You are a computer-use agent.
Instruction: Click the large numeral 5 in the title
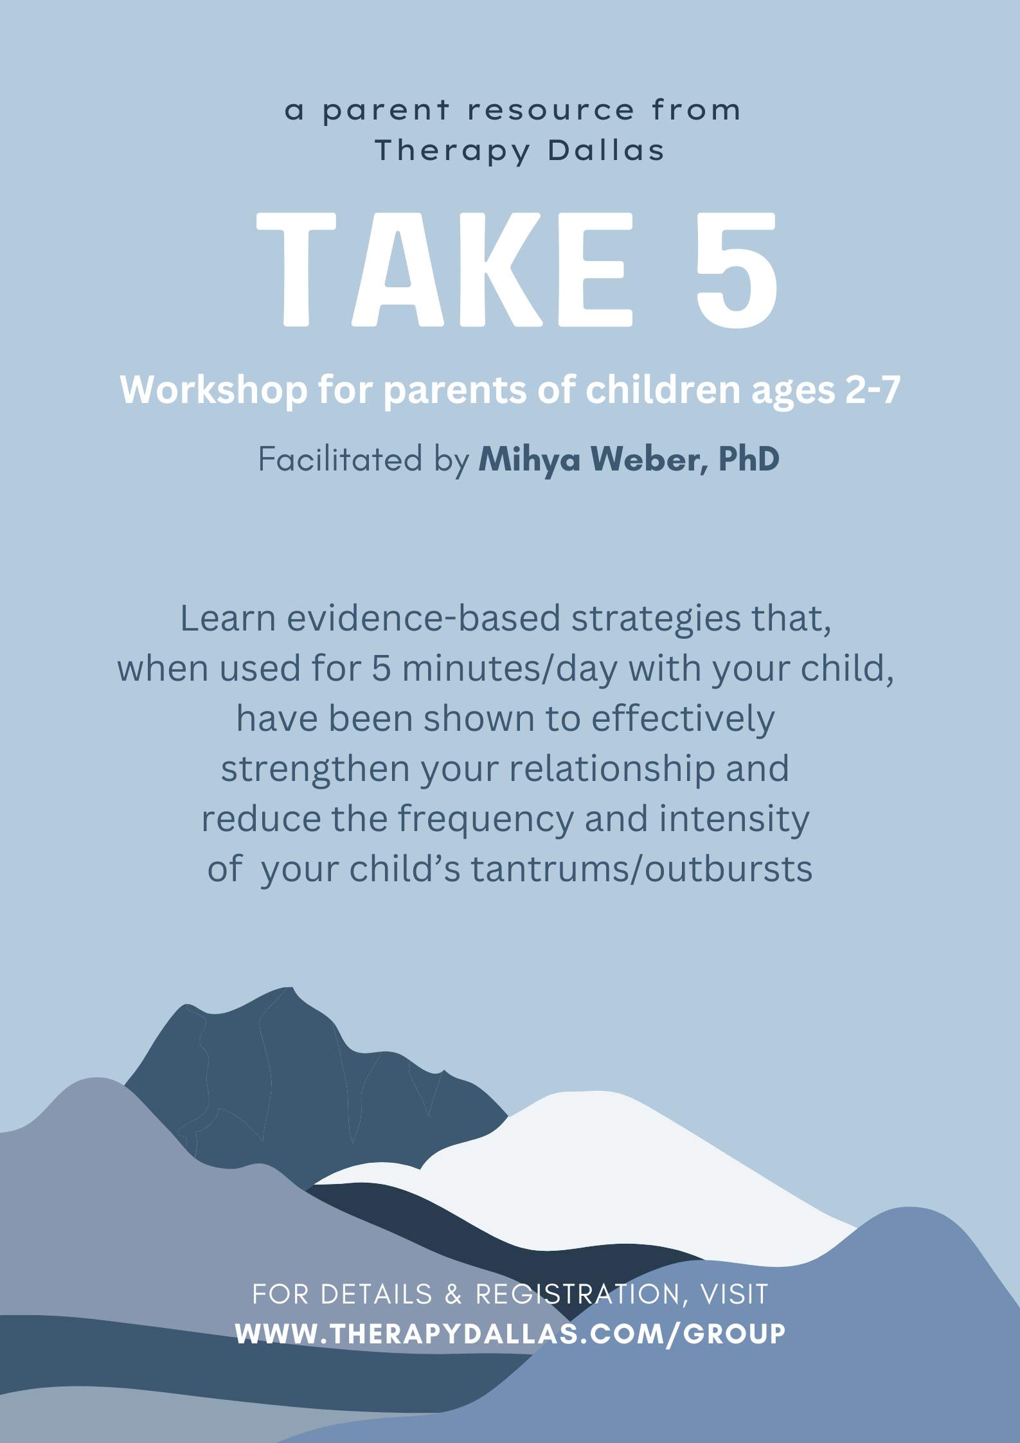click(x=737, y=270)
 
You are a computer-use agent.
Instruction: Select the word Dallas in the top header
click(x=606, y=151)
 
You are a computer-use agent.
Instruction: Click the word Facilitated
click(x=340, y=460)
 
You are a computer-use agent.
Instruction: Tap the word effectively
click(x=683, y=719)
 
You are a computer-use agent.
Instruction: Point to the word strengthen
click(x=315, y=769)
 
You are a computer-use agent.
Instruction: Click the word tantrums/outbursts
click(x=641, y=869)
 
